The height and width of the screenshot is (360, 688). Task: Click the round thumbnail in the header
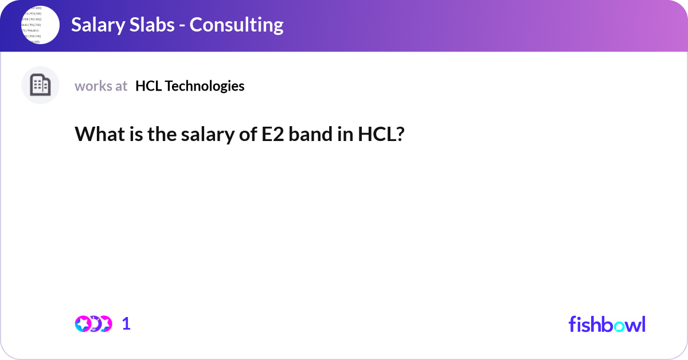pyautogui.click(x=40, y=25)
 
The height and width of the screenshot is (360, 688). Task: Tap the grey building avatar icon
pyautogui.click(x=40, y=85)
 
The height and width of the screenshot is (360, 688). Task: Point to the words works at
pyautogui.click(x=101, y=86)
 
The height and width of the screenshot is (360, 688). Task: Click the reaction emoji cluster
pyautogui.click(x=93, y=324)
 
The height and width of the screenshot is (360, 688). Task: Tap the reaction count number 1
pyautogui.click(x=126, y=324)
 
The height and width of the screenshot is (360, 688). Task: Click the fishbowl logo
pyautogui.click(x=607, y=324)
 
